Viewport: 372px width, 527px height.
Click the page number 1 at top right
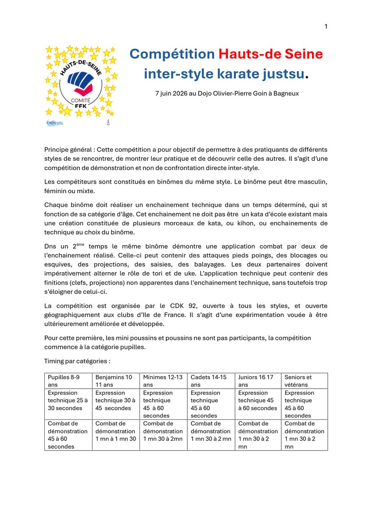pos(326,27)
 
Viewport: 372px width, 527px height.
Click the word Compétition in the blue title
pos(172,54)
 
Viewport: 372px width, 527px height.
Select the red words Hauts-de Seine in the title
pos(270,54)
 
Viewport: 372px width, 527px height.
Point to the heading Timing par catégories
pos(77,361)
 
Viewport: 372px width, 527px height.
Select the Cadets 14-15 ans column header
pos(211,381)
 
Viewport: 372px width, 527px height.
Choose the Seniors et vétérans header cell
pos(304,381)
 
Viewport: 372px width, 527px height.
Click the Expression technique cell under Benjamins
pos(115,401)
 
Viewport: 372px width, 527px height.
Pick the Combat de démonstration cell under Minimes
pos(163,431)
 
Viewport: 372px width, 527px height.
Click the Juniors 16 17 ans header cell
pos(258,381)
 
